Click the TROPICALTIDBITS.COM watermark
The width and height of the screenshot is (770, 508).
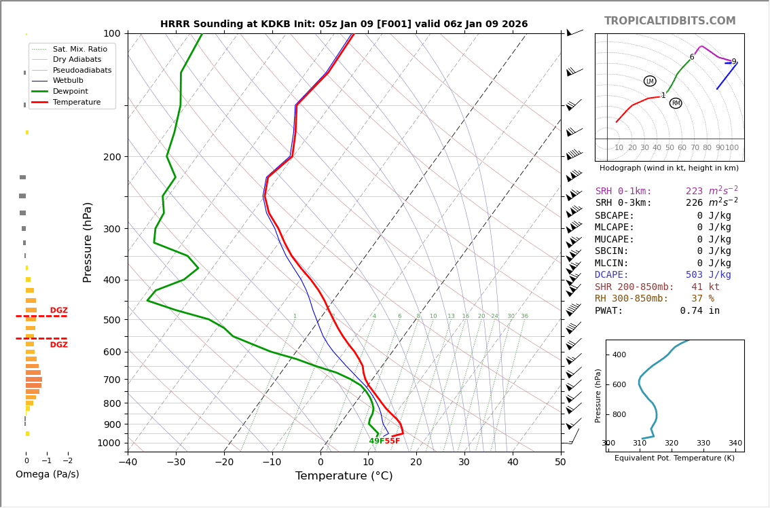pos(670,21)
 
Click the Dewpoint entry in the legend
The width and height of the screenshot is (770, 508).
pos(72,91)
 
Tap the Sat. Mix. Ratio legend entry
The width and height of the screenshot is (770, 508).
pos(79,49)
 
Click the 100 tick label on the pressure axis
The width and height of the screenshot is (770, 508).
pos(111,33)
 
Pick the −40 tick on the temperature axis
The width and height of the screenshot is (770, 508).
pos(128,462)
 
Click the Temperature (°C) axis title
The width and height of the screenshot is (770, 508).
pos(344,476)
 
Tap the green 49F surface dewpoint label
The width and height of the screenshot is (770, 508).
pos(376,441)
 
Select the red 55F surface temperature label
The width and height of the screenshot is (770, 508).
pos(392,441)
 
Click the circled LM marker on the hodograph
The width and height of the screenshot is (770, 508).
pos(650,81)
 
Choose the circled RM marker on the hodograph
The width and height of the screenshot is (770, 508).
pos(676,103)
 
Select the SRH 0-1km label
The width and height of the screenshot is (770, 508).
pos(623,192)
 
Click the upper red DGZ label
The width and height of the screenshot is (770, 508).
pos(58,310)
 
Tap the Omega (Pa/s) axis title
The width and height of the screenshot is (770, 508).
pos(47,474)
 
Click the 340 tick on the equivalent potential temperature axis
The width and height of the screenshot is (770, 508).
pos(735,443)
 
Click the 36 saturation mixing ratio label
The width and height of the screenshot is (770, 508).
pos(524,316)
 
